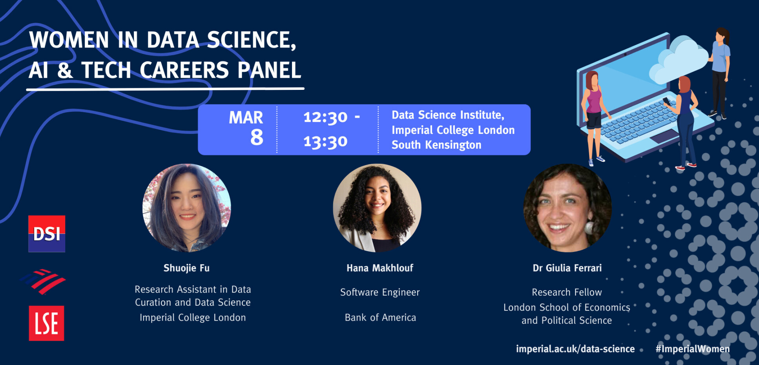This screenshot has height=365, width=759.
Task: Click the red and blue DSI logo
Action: [47, 234]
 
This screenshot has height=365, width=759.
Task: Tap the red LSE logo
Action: [46, 323]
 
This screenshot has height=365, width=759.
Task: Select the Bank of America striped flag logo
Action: [43, 281]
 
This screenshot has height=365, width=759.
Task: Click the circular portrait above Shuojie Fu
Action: [186, 208]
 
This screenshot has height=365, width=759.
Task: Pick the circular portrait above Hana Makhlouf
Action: [377, 208]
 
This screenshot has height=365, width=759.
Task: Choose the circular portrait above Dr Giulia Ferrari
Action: [567, 208]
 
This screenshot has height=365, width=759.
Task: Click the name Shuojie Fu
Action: [186, 268]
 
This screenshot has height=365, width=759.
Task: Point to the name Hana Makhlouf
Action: [379, 268]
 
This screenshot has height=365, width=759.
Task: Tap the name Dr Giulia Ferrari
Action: [567, 268]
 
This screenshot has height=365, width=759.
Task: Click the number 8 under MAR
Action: [257, 137]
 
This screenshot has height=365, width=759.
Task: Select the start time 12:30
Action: [325, 117]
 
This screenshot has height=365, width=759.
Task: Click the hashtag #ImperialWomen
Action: [692, 349]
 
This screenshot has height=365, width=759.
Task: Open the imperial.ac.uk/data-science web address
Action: [575, 349]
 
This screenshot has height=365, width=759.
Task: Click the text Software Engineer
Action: [379, 292]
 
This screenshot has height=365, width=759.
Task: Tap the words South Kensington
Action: [436, 145]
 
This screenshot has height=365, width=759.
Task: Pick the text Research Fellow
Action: [566, 292]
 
